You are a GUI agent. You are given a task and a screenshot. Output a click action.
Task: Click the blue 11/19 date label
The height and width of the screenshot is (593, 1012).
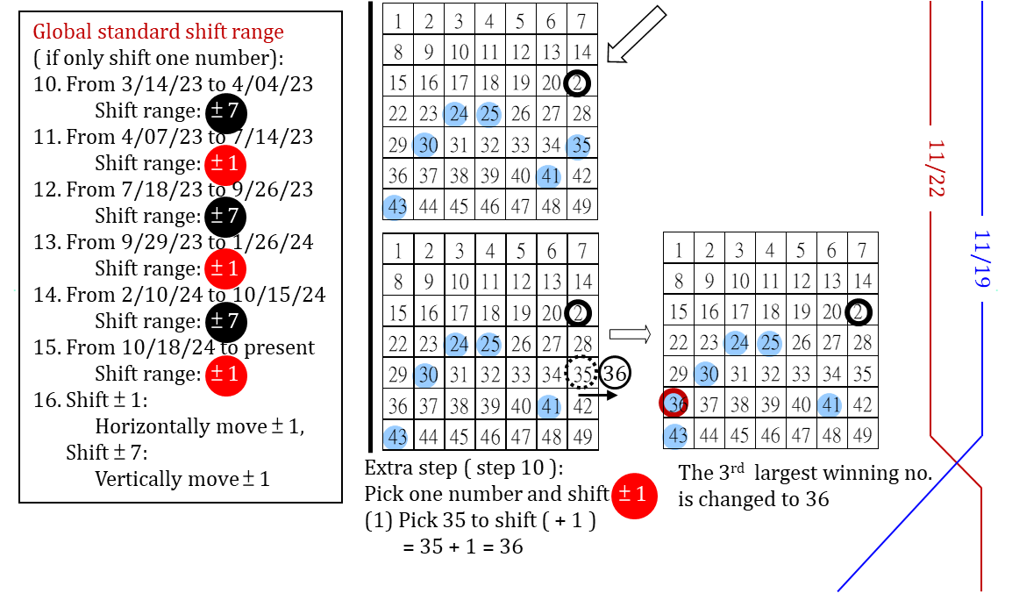click(982, 260)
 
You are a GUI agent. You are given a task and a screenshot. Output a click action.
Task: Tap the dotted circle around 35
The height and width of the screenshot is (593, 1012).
click(581, 374)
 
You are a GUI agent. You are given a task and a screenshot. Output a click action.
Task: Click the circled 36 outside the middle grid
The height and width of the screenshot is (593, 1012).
click(615, 374)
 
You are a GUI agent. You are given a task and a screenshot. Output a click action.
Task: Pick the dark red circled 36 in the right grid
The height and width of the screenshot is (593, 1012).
click(674, 404)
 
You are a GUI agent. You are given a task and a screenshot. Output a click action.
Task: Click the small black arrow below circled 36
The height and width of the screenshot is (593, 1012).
click(598, 396)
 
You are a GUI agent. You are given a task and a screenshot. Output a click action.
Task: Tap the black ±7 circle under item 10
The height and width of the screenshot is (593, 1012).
click(225, 111)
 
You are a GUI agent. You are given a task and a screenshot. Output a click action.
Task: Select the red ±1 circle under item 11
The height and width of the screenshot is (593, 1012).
click(225, 164)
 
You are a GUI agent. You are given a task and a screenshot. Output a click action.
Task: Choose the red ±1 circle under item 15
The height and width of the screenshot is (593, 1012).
click(225, 375)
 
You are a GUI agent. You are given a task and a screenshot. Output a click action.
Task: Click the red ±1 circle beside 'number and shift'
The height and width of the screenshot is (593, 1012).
click(634, 494)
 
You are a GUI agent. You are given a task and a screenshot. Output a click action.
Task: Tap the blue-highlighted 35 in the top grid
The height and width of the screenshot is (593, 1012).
click(581, 146)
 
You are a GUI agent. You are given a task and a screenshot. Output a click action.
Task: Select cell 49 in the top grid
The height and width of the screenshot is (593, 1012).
click(581, 206)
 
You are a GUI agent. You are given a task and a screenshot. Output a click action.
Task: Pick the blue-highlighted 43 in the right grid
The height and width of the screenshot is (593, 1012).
click(676, 435)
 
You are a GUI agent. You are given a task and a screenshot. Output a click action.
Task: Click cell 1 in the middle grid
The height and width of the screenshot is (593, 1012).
click(398, 251)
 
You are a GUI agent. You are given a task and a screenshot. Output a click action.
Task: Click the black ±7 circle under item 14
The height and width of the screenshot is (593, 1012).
click(225, 322)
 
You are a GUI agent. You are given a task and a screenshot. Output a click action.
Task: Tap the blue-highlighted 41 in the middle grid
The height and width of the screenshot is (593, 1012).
click(550, 405)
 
